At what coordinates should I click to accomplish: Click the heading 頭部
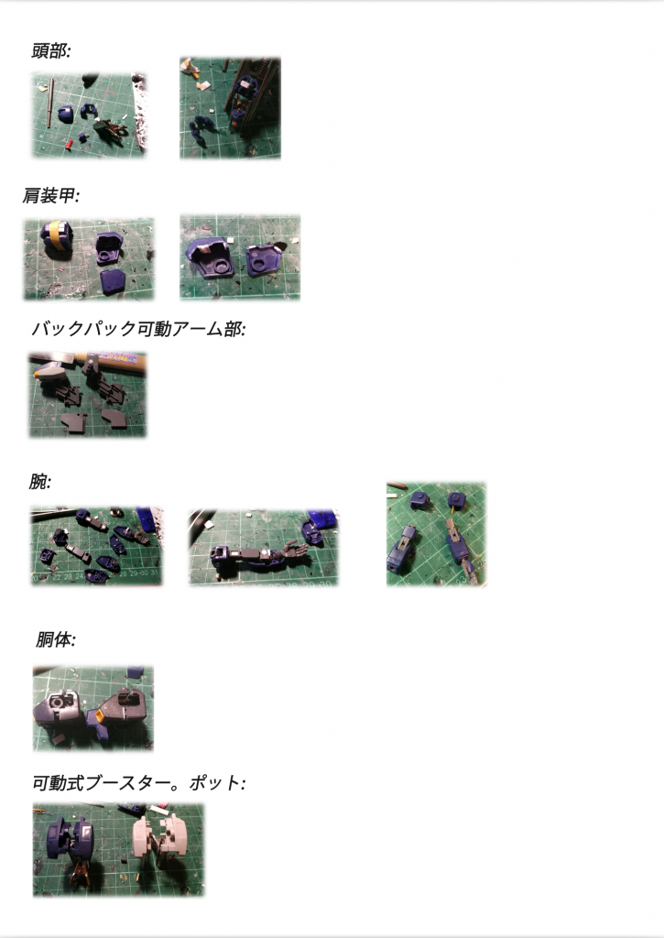pos(51,51)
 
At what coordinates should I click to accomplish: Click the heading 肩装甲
pos(51,195)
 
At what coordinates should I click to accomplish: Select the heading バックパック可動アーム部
pos(138,329)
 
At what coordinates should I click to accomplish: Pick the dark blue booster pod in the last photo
pos(70,839)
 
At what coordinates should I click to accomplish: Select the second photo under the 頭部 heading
pos(230,108)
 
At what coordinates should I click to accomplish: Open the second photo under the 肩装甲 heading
pos(240,257)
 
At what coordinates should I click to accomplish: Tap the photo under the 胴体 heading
pos(93,709)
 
